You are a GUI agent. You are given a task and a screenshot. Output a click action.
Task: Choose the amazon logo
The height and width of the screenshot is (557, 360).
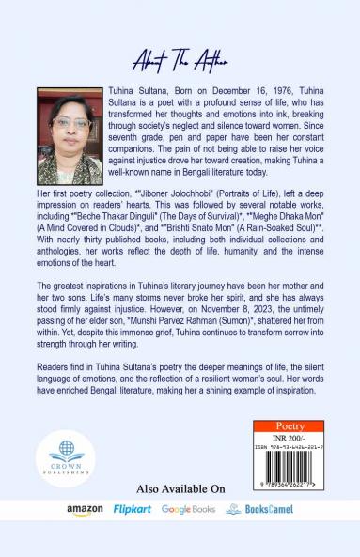pyautogui.click(x=85, y=509)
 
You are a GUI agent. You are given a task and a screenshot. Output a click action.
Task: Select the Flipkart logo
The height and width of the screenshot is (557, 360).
pyautogui.click(x=133, y=509)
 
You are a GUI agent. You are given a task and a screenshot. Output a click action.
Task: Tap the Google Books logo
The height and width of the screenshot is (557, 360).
pyautogui.click(x=188, y=509)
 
